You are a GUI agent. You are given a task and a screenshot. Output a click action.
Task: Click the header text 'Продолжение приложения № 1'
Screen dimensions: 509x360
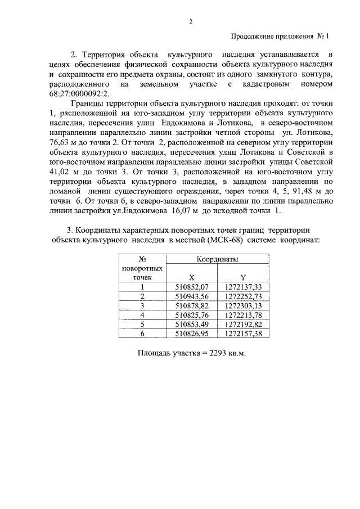point(279,37)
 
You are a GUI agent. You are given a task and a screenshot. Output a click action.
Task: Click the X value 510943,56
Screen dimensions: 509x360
point(192,296)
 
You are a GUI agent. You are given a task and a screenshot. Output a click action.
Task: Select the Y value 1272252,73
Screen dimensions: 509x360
point(243,296)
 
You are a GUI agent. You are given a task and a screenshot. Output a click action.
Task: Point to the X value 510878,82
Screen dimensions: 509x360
point(192,305)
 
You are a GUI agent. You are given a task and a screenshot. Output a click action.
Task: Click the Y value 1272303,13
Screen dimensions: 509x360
point(243,305)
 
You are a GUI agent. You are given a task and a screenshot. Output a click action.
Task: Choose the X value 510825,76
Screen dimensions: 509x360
point(192,315)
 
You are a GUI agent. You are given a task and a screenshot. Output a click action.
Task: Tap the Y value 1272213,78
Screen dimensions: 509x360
point(243,315)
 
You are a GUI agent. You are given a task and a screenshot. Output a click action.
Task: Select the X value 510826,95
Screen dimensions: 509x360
point(192,334)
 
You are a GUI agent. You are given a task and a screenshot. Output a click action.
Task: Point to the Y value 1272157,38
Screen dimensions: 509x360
point(243,334)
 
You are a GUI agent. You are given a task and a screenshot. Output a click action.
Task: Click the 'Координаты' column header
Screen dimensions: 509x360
point(217,260)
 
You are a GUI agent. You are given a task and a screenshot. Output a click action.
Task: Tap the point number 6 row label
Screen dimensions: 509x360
point(142,334)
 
